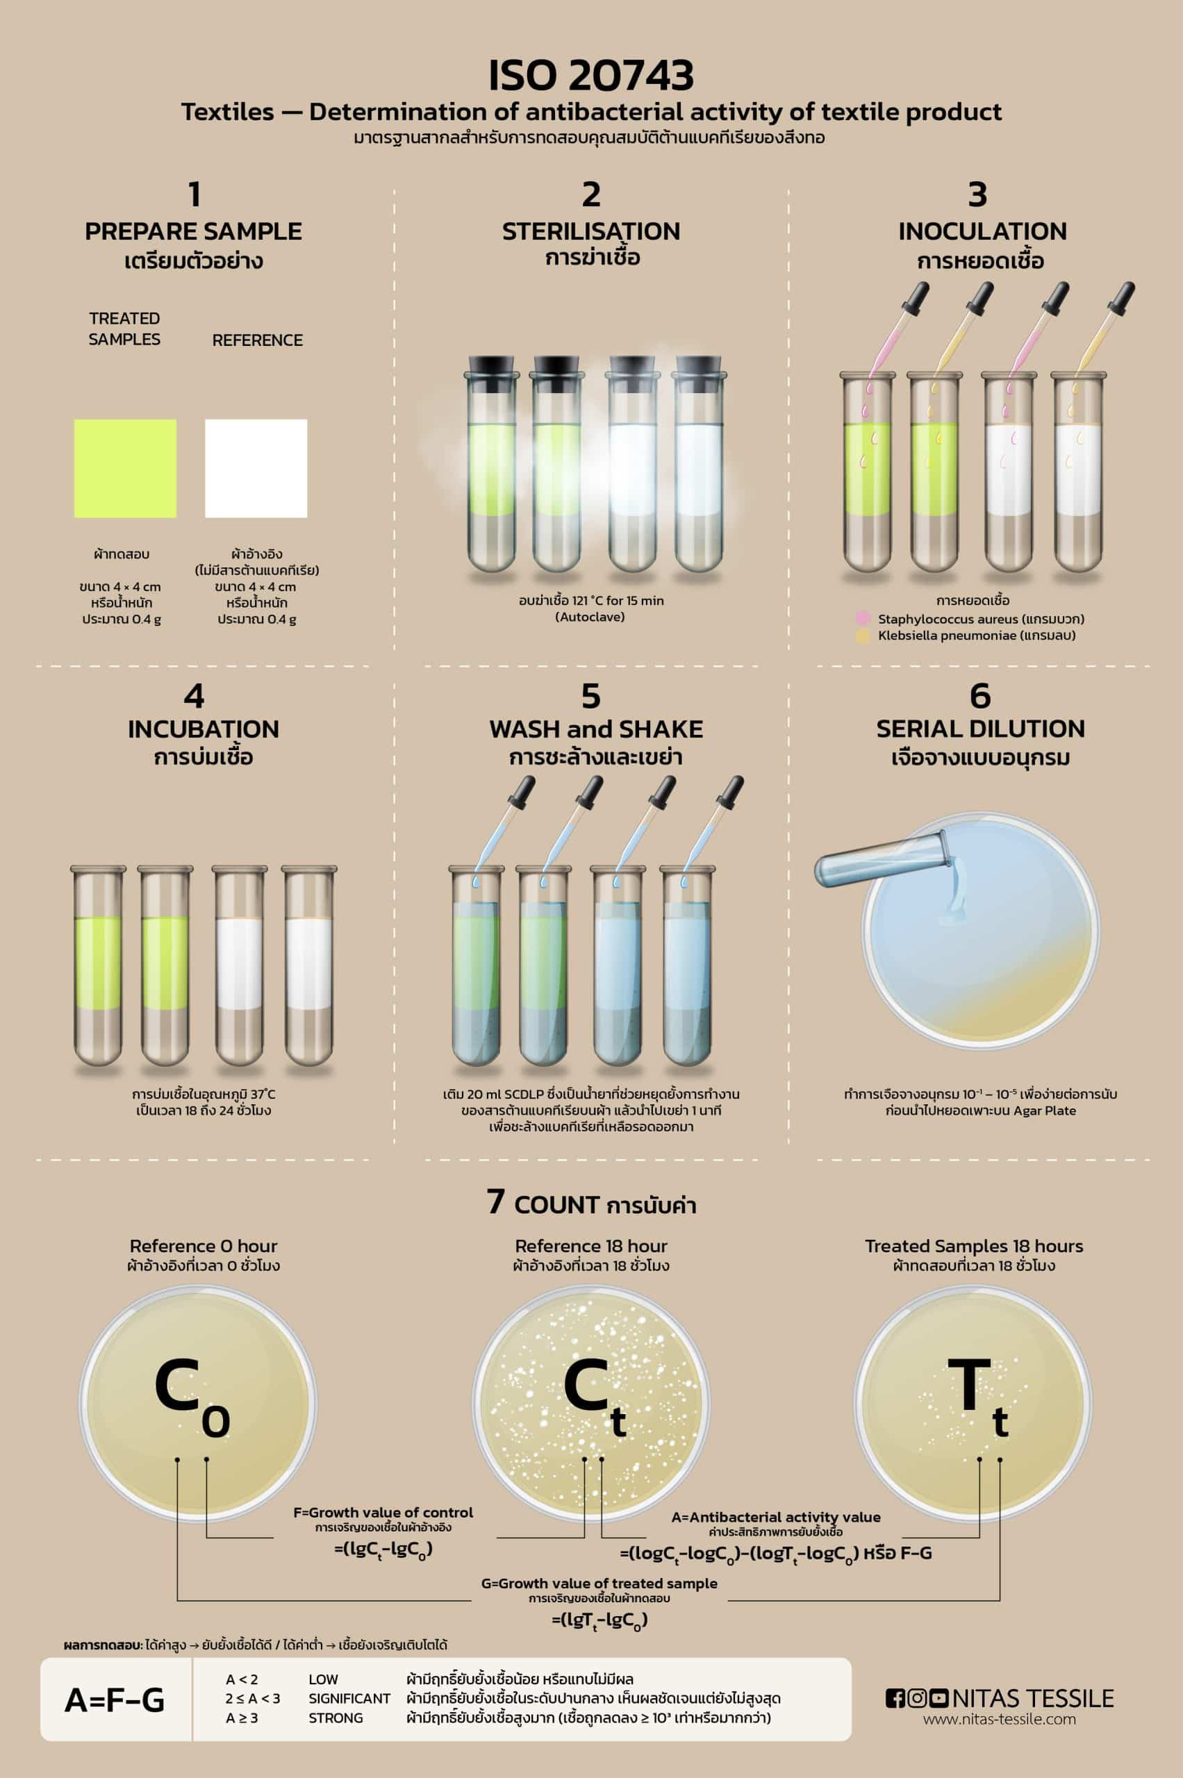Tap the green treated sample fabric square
(x=125, y=468)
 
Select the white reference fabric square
(x=256, y=468)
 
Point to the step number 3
(x=978, y=194)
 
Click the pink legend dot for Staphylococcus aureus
(x=863, y=620)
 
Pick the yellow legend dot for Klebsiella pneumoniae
(x=863, y=636)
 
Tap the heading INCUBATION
(x=203, y=729)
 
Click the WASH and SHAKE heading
(x=596, y=729)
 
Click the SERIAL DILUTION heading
(x=980, y=729)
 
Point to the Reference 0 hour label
(x=203, y=1246)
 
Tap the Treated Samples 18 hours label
(x=973, y=1246)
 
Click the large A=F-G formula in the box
(x=115, y=1700)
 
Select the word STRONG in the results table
(x=336, y=1718)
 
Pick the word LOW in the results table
(x=323, y=1679)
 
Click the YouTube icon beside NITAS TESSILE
(x=938, y=1698)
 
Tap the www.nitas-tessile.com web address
(x=999, y=1719)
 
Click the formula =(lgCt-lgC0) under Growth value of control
(x=383, y=1550)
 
